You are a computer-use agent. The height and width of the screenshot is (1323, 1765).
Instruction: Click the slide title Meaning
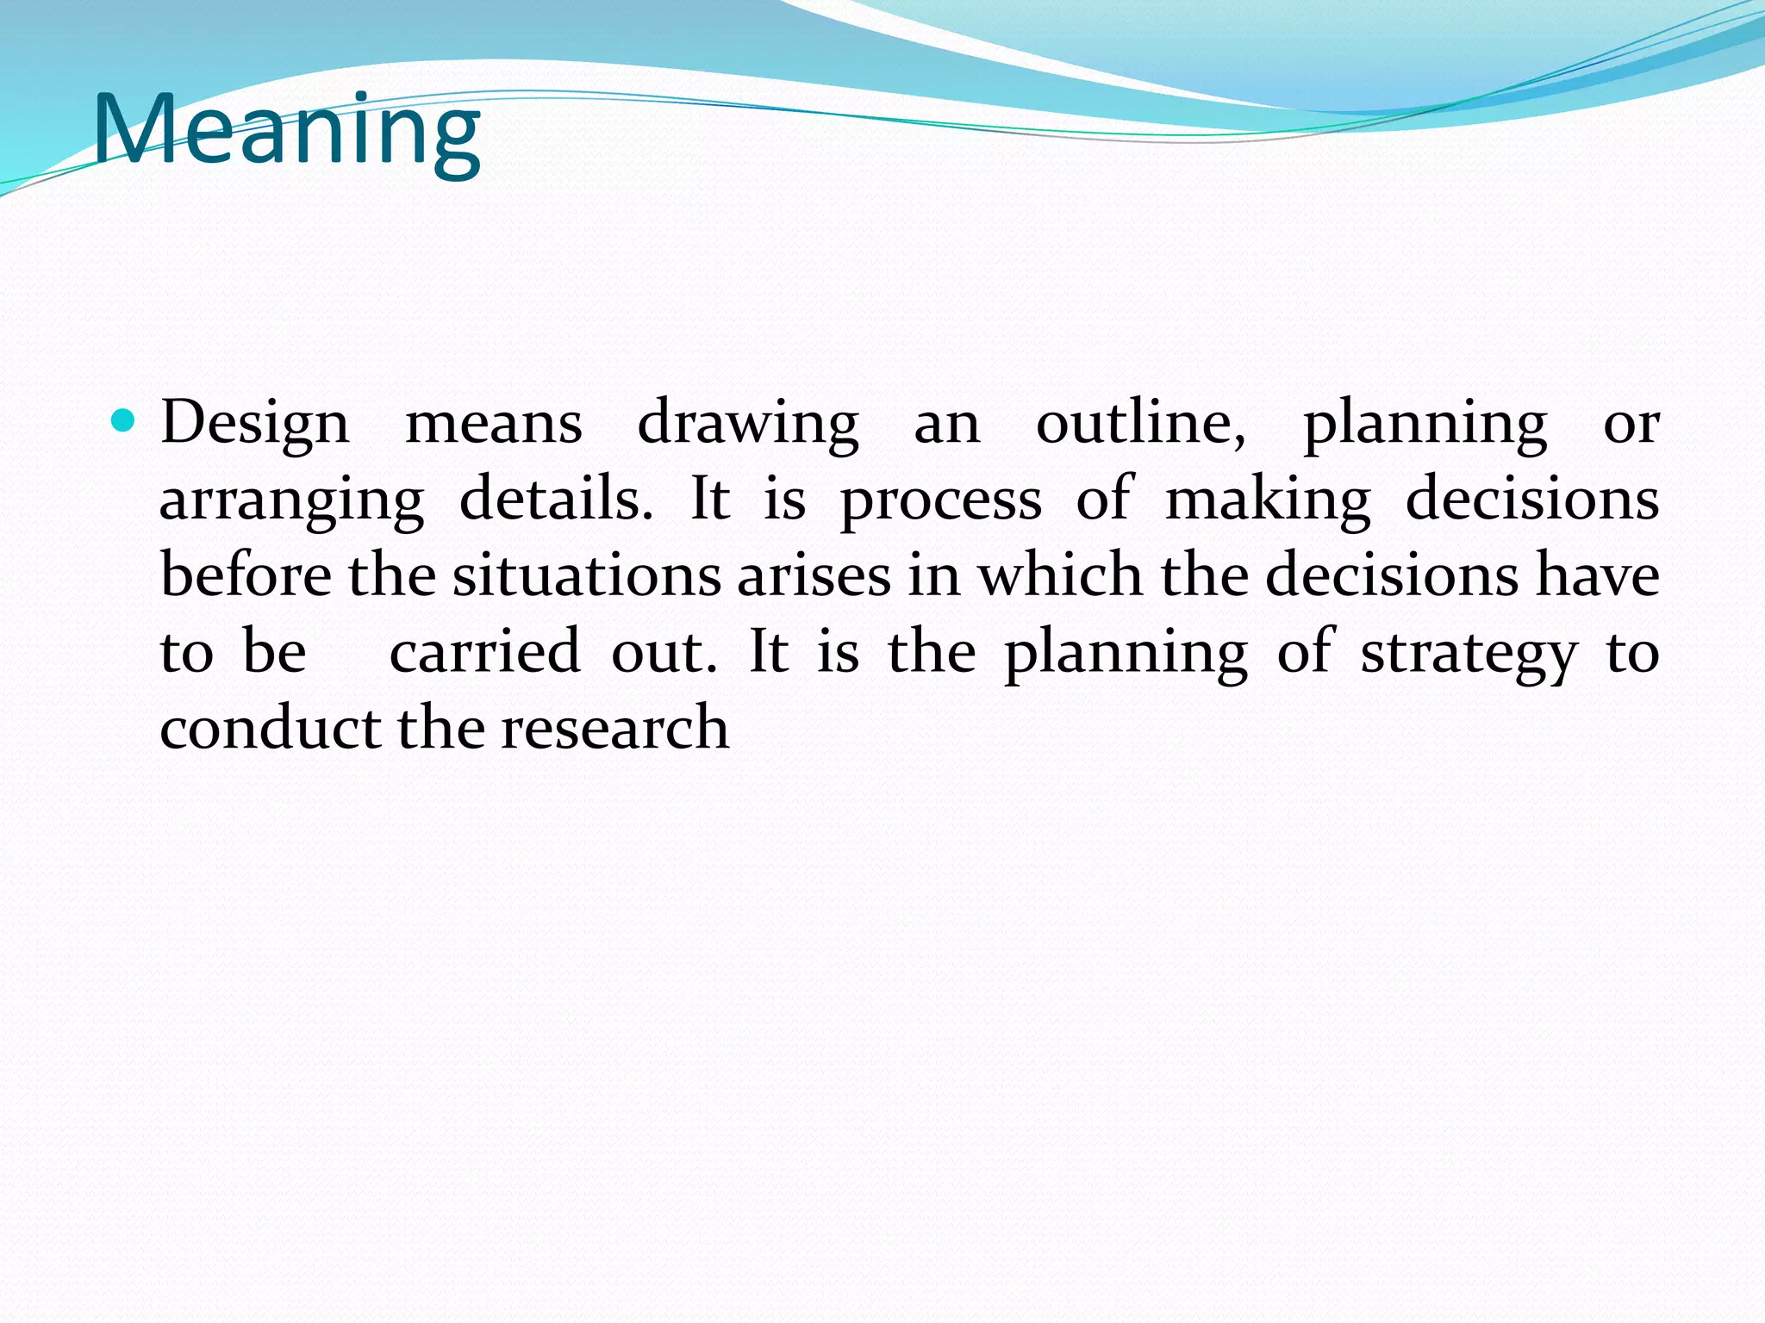click(286, 131)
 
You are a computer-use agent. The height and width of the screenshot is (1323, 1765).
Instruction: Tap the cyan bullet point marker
click(124, 421)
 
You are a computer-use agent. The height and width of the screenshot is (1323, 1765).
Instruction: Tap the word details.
click(556, 500)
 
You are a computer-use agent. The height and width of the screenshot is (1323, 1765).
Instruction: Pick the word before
click(246, 575)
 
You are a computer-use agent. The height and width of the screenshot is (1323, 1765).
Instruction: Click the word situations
click(587, 575)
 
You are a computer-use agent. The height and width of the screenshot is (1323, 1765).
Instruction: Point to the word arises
click(814, 575)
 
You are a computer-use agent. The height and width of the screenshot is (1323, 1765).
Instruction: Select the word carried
click(485, 652)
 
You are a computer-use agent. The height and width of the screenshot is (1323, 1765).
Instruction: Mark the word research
click(614, 728)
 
